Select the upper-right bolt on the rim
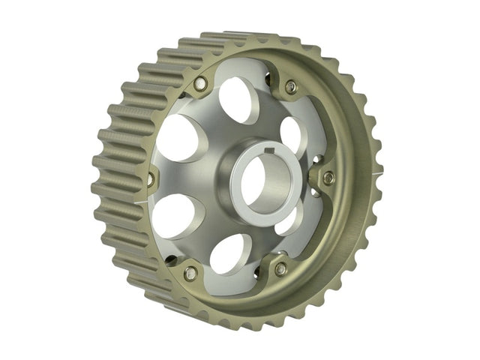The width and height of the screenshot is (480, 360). click(290, 88)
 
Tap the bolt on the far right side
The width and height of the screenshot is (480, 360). click(328, 178)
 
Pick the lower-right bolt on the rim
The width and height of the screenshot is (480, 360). click(280, 268)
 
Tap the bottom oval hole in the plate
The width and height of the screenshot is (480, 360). click(230, 254)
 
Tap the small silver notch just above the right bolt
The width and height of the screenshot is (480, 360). click(318, 160)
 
